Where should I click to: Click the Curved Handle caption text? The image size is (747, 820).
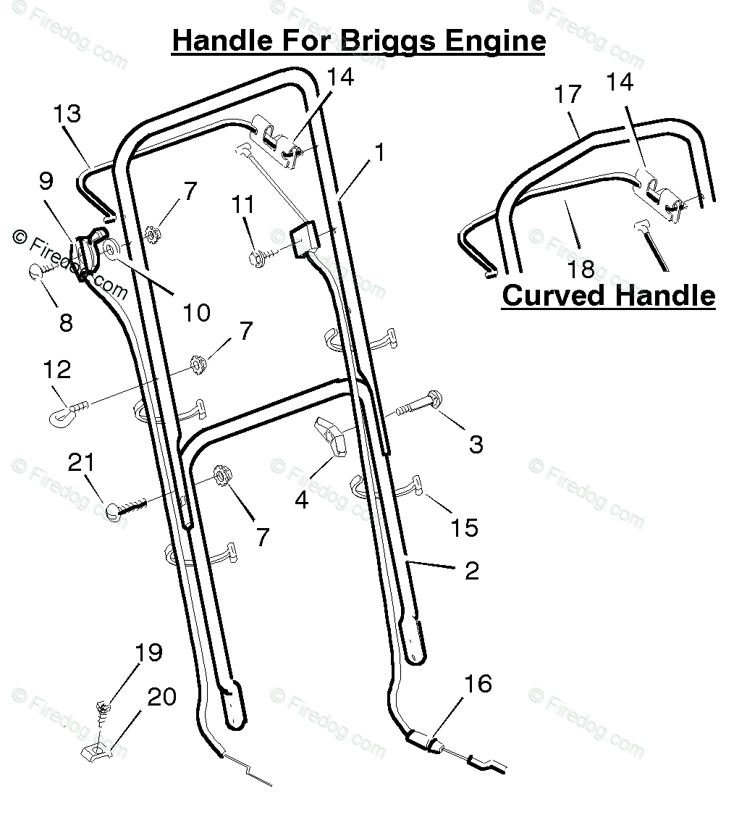[x=608, y=296]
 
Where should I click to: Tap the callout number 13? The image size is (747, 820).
[x=67, y=114]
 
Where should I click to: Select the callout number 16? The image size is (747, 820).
[x=478, y=683]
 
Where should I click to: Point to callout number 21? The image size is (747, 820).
[x=80, y=462]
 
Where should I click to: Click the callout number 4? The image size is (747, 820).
[x=301, y=500]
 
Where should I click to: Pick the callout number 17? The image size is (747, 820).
[x=568, y=95]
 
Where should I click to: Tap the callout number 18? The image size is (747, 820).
[x=581, y=269]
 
